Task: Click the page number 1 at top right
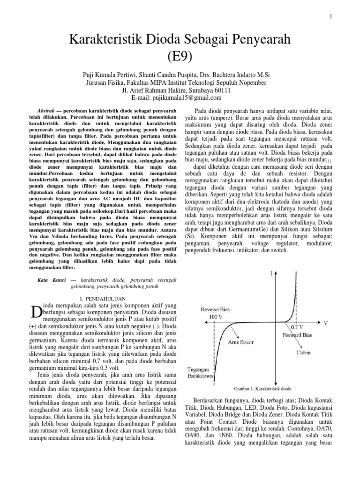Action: click(x=331, y=17)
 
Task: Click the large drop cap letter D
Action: click(x=35, y=311)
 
